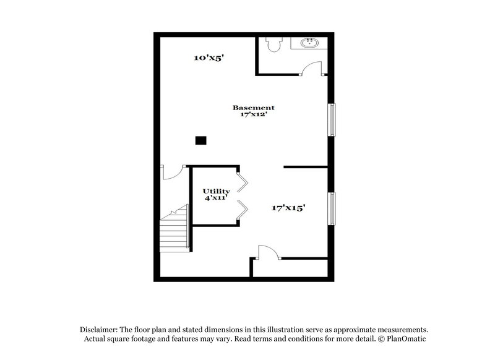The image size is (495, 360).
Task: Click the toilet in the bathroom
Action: point(273,45)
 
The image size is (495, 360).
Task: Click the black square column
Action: point(200,140)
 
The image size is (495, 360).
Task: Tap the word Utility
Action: point(217,192)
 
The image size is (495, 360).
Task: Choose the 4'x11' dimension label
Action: point(217,199)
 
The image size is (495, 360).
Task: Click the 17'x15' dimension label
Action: point(288,208)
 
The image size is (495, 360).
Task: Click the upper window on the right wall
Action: point(332,119)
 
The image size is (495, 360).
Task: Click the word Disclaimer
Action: point(100,330)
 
